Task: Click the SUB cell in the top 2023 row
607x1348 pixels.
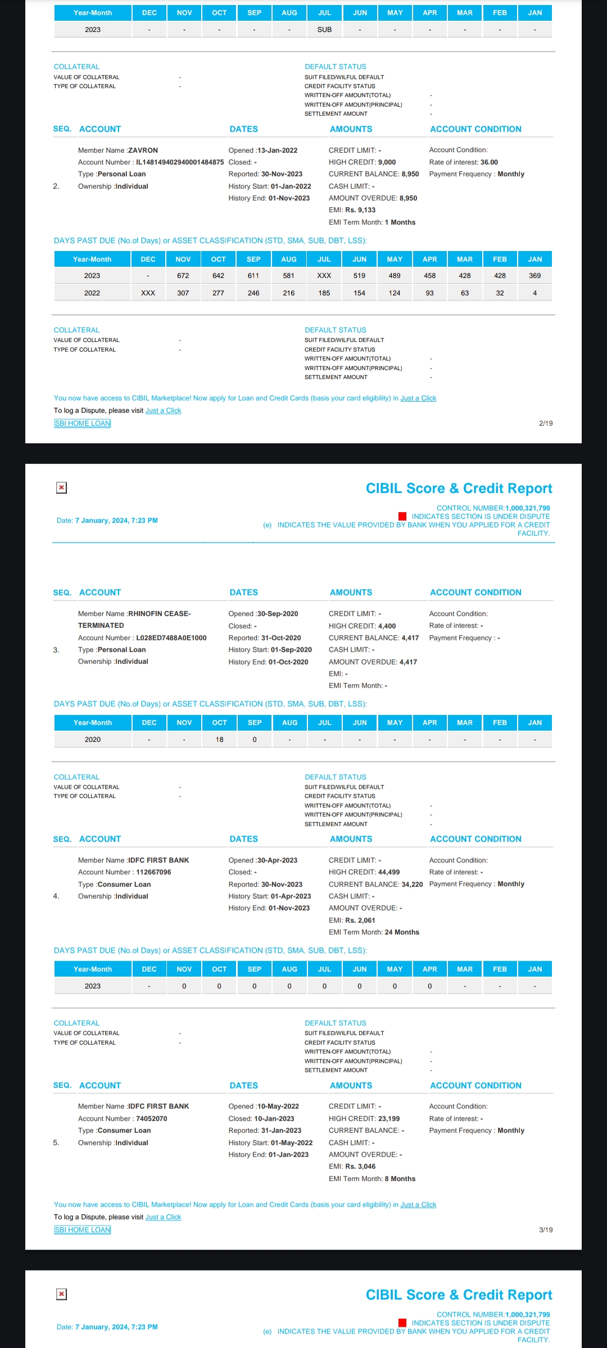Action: click(324, 30)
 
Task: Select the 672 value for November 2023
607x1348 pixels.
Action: click(183, 276)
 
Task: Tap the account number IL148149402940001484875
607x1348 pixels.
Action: click(180, 162)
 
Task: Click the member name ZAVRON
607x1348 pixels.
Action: click(143, 151)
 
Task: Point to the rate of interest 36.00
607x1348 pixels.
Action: click(489, 162)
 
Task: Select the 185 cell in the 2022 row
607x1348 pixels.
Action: click(324, 293)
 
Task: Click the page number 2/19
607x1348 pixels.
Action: click(545, 423)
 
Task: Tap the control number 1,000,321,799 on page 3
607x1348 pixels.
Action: click(527, 508)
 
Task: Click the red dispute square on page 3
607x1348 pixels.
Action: click(402, 516)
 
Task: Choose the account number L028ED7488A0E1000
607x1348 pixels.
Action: click(171, 638)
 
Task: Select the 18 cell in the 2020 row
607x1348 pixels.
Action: click(220, 740)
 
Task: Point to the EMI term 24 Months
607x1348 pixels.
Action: click(402, 932)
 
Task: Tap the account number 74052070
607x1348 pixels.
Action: click(152, 1119)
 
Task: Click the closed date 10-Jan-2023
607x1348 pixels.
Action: click(274, 1119)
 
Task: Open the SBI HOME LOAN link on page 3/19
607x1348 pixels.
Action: click(83, 1230)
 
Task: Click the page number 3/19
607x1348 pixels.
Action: click(545, 1230)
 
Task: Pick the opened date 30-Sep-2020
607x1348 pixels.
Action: click(278, 614)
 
